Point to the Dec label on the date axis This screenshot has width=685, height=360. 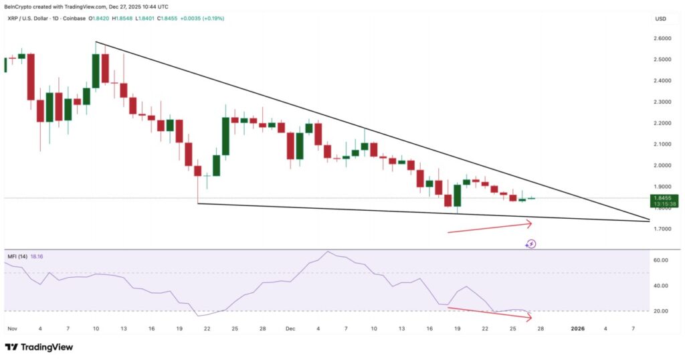click(x=290, y=329)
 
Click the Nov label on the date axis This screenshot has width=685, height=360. click(x=12, y=329)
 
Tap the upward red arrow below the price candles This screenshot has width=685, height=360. click(x=490, y=228)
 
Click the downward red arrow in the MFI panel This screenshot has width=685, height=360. click(x=490, y=312)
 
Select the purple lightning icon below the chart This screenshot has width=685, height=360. click(x=530, y=244)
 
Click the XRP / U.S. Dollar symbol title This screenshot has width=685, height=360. click(x=30, y=18)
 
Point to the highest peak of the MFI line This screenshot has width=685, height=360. click(x=328, y=252)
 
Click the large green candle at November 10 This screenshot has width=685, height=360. click(x=96, y=70)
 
